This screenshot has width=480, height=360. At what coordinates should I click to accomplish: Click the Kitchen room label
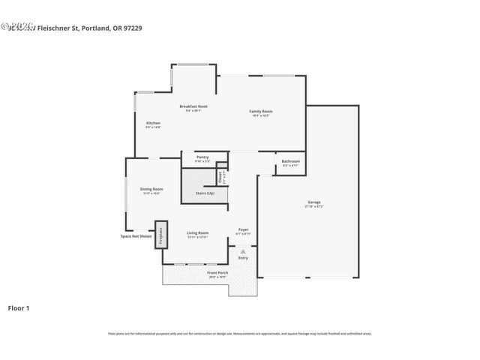pos(153,123)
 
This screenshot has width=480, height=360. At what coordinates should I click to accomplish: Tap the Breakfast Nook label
pos(193,106)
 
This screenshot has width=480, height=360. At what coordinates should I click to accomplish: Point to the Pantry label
pos(202,157)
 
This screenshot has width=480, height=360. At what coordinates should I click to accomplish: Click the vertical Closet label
pos(220,178)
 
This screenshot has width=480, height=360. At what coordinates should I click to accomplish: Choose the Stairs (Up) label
pos(205,193)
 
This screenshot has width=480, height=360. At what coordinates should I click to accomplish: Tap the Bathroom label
pos(290,161)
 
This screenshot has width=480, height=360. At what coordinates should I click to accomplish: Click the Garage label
pos(313,202)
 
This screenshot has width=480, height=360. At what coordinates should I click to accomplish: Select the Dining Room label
pos(151,189)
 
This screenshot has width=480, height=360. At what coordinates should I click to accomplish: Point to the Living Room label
pos(197,233)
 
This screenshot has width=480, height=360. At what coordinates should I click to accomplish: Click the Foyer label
pos(243,229)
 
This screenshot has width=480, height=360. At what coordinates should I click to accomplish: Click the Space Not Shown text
pos(136,236)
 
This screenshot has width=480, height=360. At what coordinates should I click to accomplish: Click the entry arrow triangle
pos(242,251)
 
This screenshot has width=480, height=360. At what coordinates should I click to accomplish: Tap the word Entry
pos(242,258)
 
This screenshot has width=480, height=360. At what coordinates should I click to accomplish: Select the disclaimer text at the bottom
pos(240,334)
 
